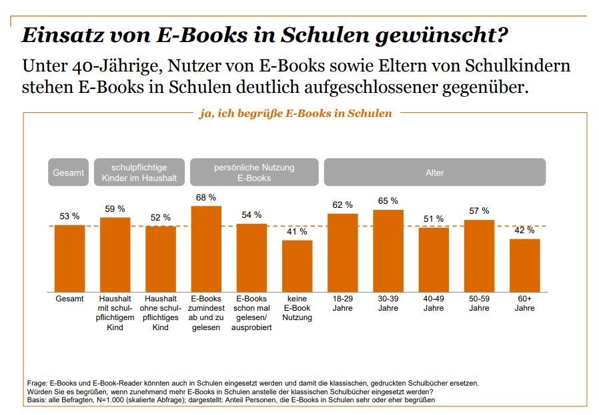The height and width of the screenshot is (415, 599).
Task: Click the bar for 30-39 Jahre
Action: tap(388, 251)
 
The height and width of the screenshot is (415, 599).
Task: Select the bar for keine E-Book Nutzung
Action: tap(297, 266)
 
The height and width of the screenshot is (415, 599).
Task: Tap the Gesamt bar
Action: tap(69, 258)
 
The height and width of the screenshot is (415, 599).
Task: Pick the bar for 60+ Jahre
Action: tap(524, 265)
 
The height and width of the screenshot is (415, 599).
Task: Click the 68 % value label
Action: tap(206, 198)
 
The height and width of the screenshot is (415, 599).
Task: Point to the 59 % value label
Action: tap(115, 209)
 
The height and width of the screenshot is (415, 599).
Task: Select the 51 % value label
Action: tap(434, 219)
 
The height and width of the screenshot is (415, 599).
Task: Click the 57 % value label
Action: tap(479, 211)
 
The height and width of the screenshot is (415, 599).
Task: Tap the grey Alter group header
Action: tap(434, 172)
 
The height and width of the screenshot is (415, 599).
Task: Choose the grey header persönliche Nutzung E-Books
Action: tap(253, 172)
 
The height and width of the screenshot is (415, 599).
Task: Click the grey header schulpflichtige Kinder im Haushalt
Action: tap(139, 172)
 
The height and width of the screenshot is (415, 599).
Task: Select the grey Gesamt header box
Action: tap(69, 172)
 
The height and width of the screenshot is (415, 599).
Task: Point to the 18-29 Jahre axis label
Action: tap(342, 303)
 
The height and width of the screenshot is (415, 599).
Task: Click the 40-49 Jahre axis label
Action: tap(434, 303)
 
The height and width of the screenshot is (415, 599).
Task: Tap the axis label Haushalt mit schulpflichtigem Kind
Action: tap(115, 313)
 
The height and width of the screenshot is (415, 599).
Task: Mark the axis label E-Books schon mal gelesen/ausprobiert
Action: tap(251, 313)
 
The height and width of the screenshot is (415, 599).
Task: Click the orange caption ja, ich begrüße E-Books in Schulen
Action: tap(295, 114)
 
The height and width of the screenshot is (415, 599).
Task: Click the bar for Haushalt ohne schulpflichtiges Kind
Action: tap(160, 259)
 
